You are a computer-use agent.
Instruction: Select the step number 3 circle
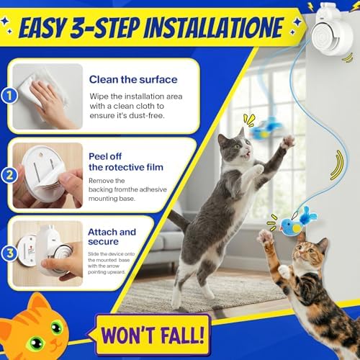8,253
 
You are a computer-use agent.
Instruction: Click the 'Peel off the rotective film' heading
124,161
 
